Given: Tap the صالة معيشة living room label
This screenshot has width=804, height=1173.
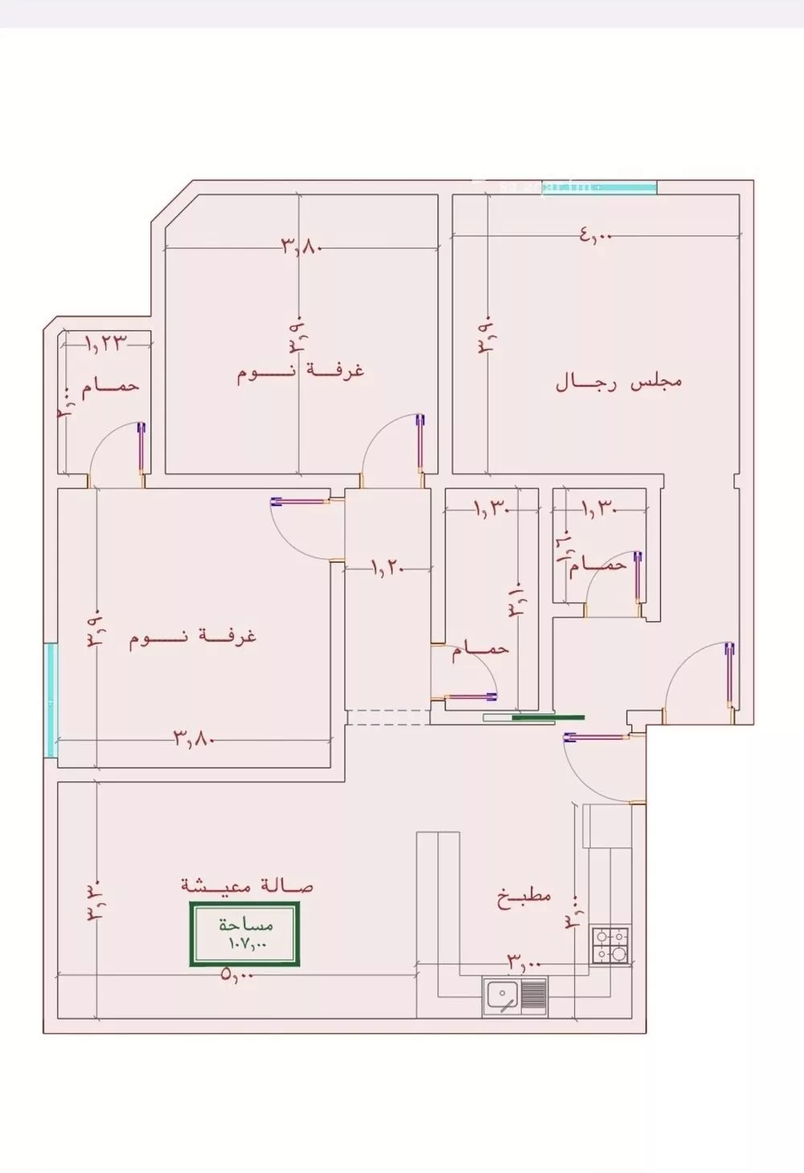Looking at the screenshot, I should click(x=248, y=885).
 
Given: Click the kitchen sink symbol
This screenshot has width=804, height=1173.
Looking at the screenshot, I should click(x=515, y=997).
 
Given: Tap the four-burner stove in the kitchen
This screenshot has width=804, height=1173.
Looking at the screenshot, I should click(x=611, y=946).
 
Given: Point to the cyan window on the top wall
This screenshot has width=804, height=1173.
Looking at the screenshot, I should click(x=600, y=187).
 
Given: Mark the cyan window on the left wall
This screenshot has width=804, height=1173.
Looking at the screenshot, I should click(x=51, y=699).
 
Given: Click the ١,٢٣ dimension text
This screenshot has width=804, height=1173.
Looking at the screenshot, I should click(x=107, y=343).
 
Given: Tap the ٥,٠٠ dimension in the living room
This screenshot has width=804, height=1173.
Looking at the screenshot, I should click(x=236, y=975).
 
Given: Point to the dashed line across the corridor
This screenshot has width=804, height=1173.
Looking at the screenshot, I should click(x=388, y=709).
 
